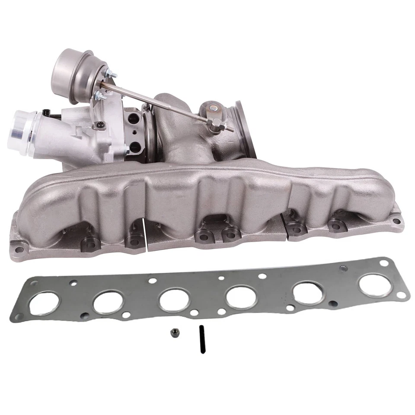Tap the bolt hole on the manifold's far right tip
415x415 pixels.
click(396, 221)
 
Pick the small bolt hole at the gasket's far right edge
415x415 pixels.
click(402, 294)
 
